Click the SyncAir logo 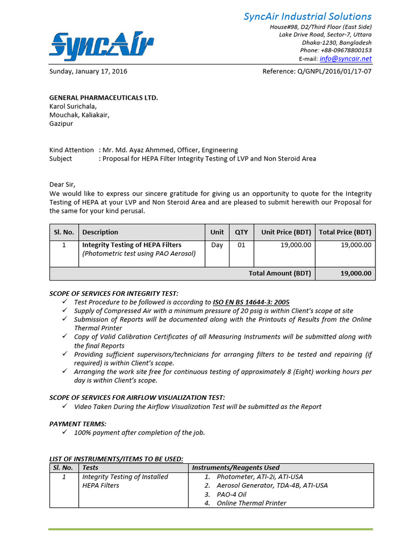pyautogui.click(x=101, y=44)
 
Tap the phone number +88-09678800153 pyautogui.click(x=345, y=51)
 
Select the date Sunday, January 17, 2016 pyautogui.click(x=88, y=71)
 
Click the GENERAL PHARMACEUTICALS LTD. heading pyautogui.click(x=104, y=98)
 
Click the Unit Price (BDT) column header pyautogui.click(x=286, y=232)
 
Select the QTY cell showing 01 pyautogui.click(x=241, y=245)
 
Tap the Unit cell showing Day pyautogui.click(x=217, y=245)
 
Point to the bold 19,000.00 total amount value pyautogui.click(x=356, y=273)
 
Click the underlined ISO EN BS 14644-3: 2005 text pyautogui.click(x=251, y=302)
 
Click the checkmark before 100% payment pyautogui.click(x=64, y=432)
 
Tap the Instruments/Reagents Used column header pyautogui.click(x=235, y=468)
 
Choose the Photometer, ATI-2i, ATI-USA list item pyautogui.click(x=260, y=477)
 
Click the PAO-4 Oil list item pyautogui.click(x=231, y=494)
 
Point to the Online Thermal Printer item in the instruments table pyautogui.click(x=251, y=503)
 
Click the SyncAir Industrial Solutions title pyautogui.click(x=307, y=17)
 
